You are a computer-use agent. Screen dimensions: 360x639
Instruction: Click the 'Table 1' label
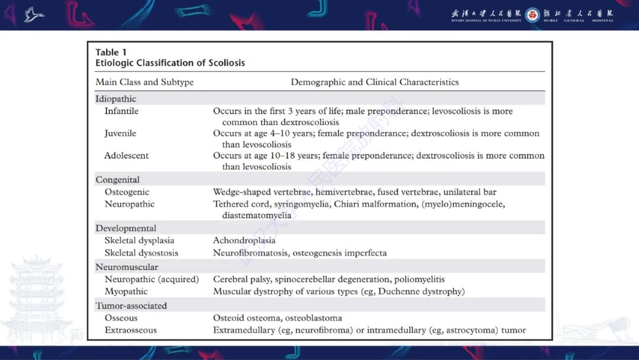pyautogui.click(x=111, y=52)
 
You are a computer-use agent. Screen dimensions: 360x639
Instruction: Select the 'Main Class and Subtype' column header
pyautogui.click(x=144, y=82)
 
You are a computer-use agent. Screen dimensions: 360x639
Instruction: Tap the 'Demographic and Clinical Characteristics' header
pyautogui.click(x=375, y=82)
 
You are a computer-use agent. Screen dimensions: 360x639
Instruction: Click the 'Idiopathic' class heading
pyautogui.click(x=116, y=99)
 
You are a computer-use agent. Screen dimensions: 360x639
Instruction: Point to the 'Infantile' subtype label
pyautogui.click(x=121, y=111)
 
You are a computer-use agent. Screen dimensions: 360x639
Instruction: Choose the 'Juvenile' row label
pyautogui.click(x=120, y=133)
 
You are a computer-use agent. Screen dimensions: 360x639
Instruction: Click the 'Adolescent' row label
pyautogui.click(x=126, y=156)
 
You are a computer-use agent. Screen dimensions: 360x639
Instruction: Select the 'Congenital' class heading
pyautogui.click(x=118, y=179)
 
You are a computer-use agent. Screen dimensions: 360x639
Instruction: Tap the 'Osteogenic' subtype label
pyautogui.click(x=127, y=192)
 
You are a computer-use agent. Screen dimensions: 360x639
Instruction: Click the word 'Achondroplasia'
pyautogui.click(x=244, y=240)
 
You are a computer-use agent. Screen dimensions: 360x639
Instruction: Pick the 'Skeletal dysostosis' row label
pyautogui.click(x=141, y=253)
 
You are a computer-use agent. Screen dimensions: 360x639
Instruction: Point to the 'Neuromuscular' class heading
pyautogui.click(x=127, y=267)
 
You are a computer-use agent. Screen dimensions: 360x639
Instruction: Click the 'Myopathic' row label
pyautogui.click(x=126, y=291)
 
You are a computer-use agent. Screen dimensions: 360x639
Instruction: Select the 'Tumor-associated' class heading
pyautogui.click(x=131, y=306)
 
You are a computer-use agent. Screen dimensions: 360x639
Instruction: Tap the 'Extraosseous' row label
pyautogui.click(x=130, y=330)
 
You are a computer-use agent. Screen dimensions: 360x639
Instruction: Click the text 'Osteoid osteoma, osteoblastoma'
pyautogui.click(x=277, y=318)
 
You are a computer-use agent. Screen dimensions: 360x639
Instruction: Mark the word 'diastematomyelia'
pyautogui.click(x=257, y=216)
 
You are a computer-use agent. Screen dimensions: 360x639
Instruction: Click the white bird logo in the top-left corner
pyautogui.click(x=34, y=14)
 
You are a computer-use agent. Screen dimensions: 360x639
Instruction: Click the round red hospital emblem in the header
pyautogui.click(x=532, y=15)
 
